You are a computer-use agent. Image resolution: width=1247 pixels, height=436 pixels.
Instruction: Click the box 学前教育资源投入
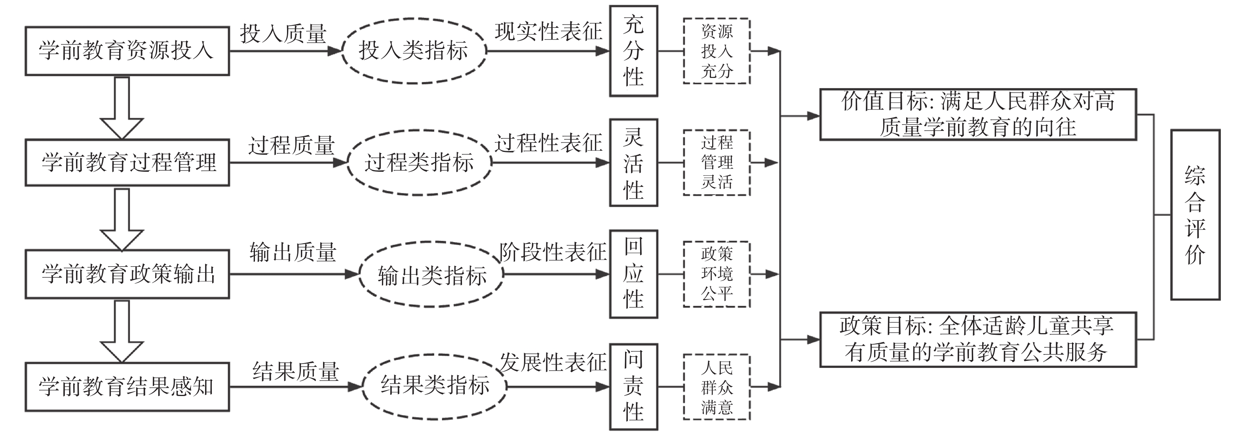click(127, 51)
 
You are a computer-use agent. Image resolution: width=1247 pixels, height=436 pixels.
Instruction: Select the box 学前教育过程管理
click(127, 163)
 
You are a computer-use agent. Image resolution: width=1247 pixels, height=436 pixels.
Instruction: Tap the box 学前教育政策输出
click(127, 274)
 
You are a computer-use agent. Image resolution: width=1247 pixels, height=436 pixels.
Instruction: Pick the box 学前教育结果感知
click(127, 386)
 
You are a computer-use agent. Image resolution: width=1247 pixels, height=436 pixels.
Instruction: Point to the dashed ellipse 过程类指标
click(419, 163)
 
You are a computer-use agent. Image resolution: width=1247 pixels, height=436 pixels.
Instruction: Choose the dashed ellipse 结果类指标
click(434, 386)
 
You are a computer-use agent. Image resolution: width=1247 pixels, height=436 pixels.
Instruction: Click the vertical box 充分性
click(633, 51)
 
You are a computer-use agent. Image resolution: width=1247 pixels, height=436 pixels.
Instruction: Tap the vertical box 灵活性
click(633, 163)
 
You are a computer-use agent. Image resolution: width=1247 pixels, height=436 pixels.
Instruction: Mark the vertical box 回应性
click(633, 274)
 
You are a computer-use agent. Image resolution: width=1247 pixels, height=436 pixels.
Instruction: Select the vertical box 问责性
click(633, 386)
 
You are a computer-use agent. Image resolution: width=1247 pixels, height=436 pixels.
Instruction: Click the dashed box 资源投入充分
click(717, 51)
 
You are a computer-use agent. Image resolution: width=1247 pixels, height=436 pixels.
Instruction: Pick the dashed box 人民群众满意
click(717, 387)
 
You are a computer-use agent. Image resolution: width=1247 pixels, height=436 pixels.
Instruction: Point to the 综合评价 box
click(1195, 214)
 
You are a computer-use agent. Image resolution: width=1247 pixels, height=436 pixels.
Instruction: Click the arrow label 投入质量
click(283, 34)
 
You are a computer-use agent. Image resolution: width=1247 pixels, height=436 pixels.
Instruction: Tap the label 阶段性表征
click(552, 252)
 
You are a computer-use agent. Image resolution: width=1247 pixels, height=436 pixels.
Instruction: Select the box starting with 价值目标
click(978, 115)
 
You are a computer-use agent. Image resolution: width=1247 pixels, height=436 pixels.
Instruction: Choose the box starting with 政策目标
click(978, 339)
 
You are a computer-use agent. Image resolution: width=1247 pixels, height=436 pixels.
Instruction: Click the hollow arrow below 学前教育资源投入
click(122, 108)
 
